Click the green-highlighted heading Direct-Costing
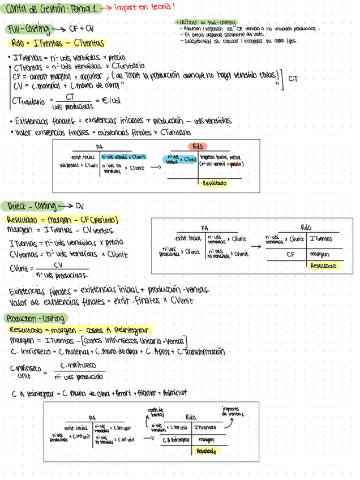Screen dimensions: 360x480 tap(29, 205)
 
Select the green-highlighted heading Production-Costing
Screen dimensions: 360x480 tap(35, 319)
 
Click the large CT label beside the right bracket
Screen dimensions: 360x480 tap(293, 79)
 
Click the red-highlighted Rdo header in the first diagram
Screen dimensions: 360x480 tap(198, 147)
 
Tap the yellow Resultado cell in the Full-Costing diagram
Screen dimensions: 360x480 tap(215, 183)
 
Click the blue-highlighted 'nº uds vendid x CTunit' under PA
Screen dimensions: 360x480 tap(124, 156)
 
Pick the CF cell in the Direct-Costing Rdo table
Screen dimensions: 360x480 tap(290, 238)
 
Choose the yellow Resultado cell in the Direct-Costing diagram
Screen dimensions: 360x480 tap(323, 249)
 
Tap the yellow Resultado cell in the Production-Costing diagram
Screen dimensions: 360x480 tap(206, 451)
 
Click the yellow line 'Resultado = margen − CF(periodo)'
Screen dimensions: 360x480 tap(62, 220)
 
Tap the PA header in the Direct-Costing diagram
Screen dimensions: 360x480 tap(205, 228)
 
